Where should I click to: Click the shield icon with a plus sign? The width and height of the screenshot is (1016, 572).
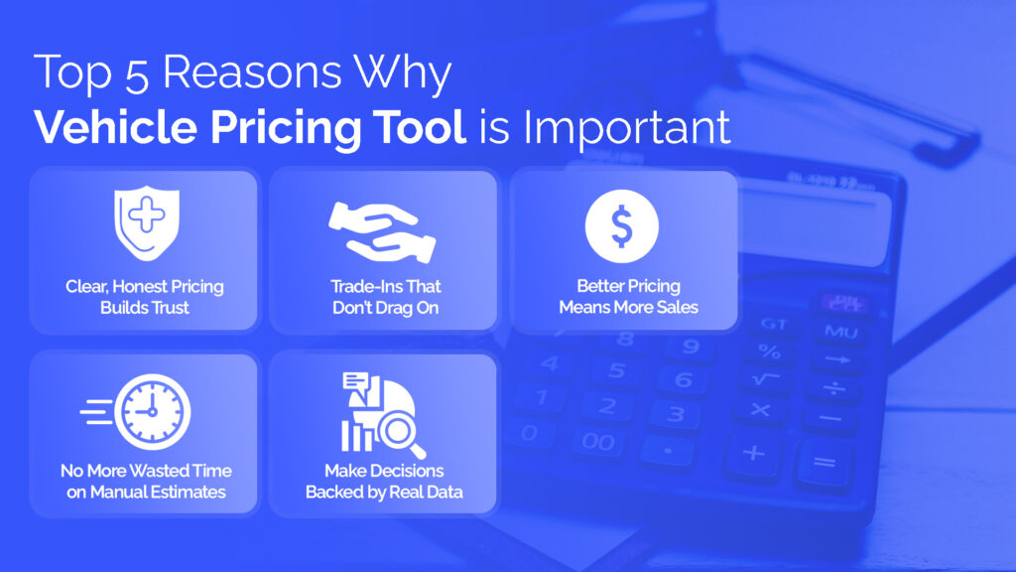(147, 223)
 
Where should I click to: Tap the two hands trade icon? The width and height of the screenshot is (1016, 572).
(382, 232)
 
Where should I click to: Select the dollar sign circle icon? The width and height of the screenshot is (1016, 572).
(622, 226)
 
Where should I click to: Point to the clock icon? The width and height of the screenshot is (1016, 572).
(153, 412)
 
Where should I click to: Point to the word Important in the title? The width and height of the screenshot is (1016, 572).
(627, 128)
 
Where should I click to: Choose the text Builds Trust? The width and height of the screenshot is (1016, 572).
(145, 308)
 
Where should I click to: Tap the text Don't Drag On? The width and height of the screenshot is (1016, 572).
(386, 308)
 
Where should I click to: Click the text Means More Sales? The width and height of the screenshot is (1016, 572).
(628, 308)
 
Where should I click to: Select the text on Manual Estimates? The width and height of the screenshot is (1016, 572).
(146, 493)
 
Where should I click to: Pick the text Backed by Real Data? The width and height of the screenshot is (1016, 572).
(384, 493)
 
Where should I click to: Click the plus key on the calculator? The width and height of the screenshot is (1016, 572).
(754, 452)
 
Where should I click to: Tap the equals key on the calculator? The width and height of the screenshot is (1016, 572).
(825, 463)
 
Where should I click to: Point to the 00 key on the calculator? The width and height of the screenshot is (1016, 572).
(597, 442)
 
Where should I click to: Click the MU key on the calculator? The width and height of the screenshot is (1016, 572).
(841, 332)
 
